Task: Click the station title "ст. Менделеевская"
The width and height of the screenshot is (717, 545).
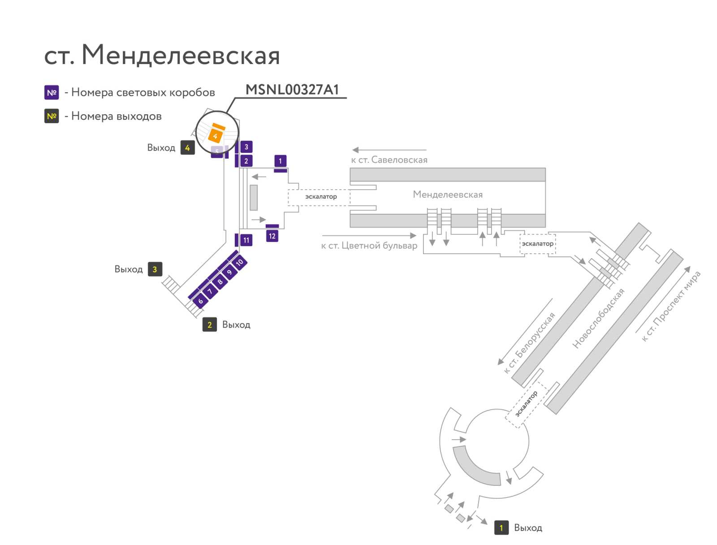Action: click(x=162, y=55)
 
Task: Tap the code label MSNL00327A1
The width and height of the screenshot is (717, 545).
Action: click(x=292, y=90)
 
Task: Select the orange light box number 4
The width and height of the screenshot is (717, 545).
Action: click(x=215, y=136)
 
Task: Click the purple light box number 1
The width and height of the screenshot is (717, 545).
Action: click(x=280, y=160)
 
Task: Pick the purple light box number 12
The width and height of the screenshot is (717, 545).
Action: click(x=272, y=236)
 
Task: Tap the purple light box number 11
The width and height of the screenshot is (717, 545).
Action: click(x=246, y=240)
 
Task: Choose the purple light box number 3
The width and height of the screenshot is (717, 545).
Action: click(x=246, y=147)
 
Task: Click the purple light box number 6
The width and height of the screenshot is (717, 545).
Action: click(x=201, y=301)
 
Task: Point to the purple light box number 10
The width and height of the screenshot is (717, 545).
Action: click(x=239, y=262)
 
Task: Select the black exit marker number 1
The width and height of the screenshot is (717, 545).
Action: click(x=501, y=528)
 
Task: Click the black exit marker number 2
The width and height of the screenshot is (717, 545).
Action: click(x=209, y=324)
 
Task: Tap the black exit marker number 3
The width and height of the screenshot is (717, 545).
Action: click(x=155, y=269)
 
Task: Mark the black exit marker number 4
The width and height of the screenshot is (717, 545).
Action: click(x=187, y=147)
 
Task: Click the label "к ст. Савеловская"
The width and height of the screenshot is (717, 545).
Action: click(x=389, y=160)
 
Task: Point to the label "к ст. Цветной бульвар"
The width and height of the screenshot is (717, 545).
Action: click(x=369, y=246)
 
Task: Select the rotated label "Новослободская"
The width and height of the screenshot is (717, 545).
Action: click(x=598, y=318)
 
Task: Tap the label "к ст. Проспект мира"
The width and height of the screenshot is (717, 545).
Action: click(x=670, y=306)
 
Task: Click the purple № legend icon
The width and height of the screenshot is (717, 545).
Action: click(x=52, y=92)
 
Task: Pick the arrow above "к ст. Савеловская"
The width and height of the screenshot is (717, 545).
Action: click(x=389, y=150)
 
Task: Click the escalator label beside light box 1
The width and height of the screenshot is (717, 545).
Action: click(x=321, y=197)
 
